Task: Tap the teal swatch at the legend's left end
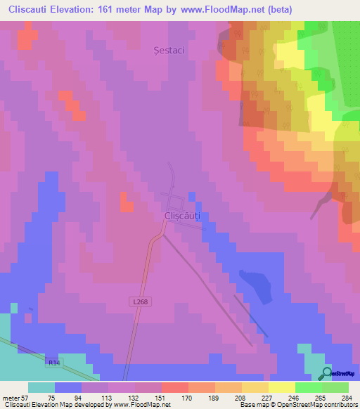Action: pyautogui.click(x=41, y=387)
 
